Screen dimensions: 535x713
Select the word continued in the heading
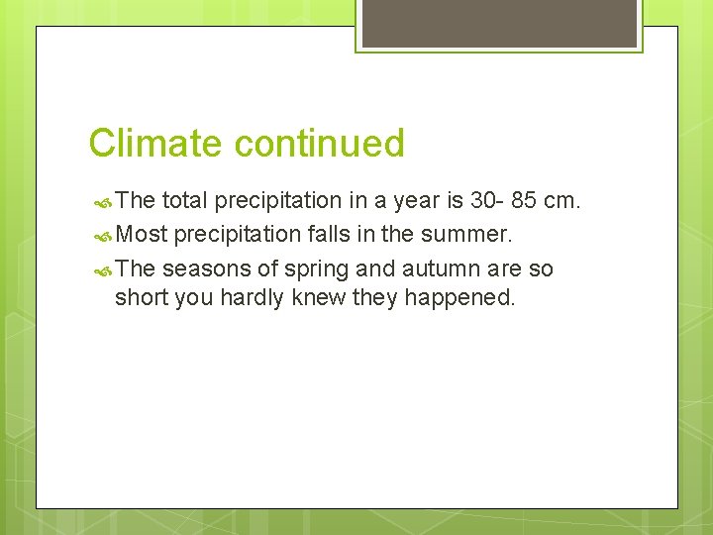(320, 144)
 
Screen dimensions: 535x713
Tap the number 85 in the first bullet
(524, 201)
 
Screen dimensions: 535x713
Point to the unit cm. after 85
(562, 201)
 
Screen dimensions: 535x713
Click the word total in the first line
(184, 201)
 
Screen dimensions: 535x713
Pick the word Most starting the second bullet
(141, 235)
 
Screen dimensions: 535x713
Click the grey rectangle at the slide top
(498, 22)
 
